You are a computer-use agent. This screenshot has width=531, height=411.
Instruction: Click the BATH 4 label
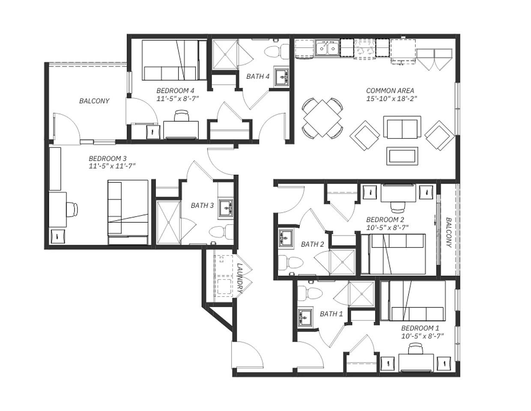(x=258, y=77)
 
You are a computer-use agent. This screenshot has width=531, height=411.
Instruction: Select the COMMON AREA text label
(x=390, y=91)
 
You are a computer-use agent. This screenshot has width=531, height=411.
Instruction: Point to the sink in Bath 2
(x=286, y=238)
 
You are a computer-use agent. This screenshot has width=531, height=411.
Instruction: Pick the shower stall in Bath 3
(x=168, y=222)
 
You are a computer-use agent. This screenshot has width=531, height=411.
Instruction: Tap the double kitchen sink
(x=327, y=48)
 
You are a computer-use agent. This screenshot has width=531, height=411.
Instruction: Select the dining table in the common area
(x=322, y=118)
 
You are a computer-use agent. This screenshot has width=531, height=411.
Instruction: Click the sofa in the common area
(x=402, y=129)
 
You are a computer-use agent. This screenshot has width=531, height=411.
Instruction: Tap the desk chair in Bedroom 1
(x=415, y=350)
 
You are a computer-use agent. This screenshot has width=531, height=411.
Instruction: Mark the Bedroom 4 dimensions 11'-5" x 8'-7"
(x=178, y=98)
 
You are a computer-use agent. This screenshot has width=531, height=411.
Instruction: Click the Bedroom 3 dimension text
(x=112, y=166)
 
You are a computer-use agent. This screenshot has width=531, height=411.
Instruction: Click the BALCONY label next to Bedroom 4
(x=94, y=101)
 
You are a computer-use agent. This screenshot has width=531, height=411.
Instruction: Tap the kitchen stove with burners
(x=364, y=48)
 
